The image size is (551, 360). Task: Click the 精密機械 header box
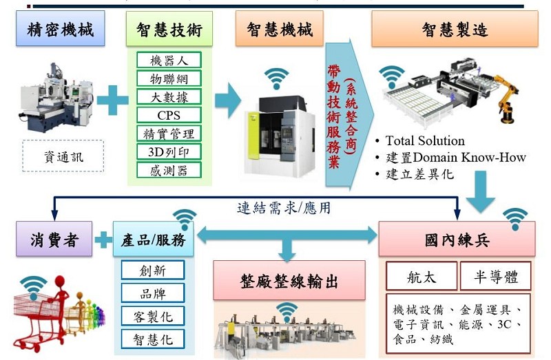(x=60, y=28)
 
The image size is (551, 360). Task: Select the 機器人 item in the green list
(x=169, y=60)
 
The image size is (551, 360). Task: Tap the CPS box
(x=169, y=115)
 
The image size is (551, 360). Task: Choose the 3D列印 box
(x=169, y=151)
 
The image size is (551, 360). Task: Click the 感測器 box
(x=169, y=170)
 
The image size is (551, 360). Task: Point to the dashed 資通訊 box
(x=63, y=156)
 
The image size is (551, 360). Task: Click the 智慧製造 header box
(x=455, y=29)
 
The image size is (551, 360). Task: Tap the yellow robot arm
(x=507, y=98)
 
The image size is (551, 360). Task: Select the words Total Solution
(x=425, y=141)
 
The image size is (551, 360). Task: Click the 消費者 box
(x=54, y=239)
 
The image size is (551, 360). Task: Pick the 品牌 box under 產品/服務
(x=153, y=293)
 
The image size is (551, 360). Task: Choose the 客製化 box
(x=153, y=316)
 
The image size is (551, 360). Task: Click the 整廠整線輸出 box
(x=289, y=281)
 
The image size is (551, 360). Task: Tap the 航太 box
(x=422, y=276)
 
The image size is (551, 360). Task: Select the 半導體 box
(x=495, y=276)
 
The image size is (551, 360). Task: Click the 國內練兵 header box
(x=457, y=239)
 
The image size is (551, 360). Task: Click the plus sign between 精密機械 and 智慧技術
(x=112, y=100)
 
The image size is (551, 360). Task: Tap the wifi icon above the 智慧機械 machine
(x=277, y=78)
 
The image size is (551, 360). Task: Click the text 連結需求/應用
(x=284, y=208)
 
